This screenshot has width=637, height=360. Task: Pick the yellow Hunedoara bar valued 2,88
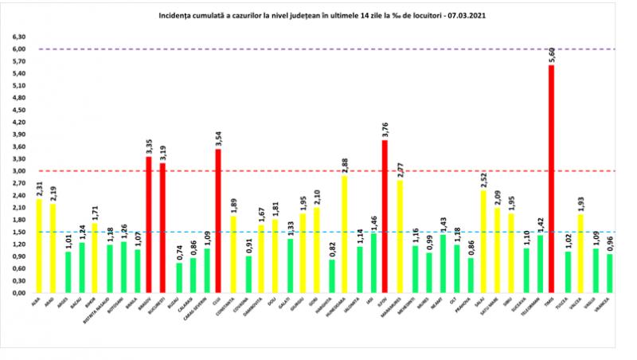(344, 234)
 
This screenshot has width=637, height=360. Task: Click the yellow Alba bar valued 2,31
(39, 246)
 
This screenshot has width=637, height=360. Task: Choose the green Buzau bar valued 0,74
(178, 278)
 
